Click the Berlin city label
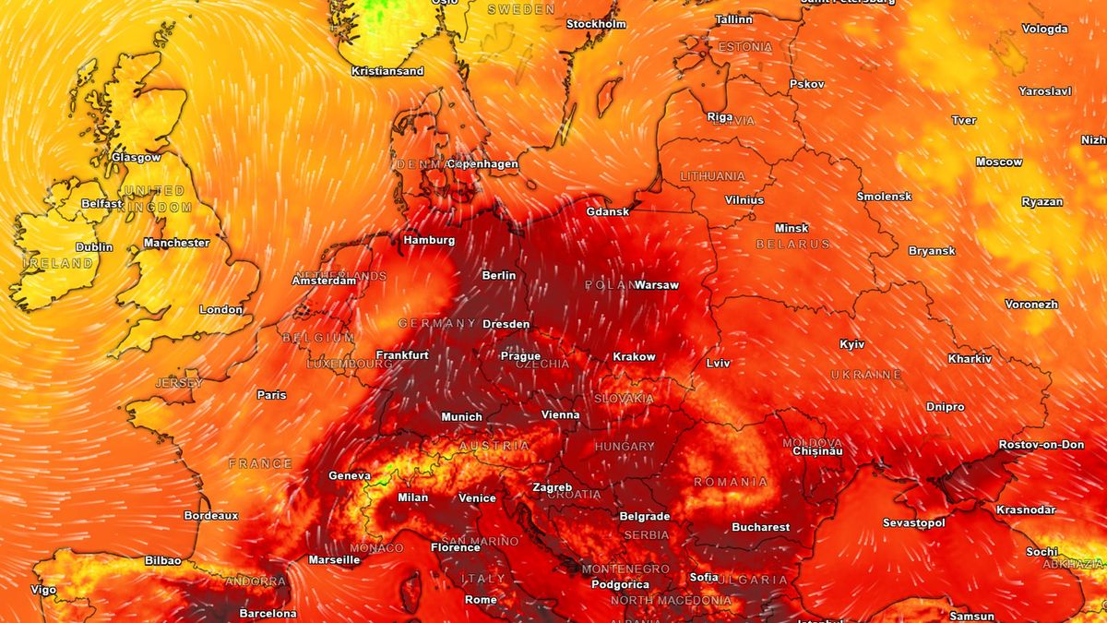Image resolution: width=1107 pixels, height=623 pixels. click(x=499, y=275)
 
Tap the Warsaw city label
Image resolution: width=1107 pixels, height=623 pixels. click(x=657, y=285)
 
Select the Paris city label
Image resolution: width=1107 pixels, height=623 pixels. click(x=271, y=395)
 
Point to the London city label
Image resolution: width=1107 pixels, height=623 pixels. click(x=220, y=310)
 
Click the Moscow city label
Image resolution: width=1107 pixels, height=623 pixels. click(x=999, y=162)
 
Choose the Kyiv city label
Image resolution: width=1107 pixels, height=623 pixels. click(x=852, y=344)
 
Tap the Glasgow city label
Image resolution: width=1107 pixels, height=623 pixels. click(x=136, y=157)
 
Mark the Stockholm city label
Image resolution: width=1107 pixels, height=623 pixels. click(x=596, y=24)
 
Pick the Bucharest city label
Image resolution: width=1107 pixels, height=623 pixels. click(x=761, y=528)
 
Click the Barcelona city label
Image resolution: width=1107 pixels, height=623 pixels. click(x=268, y=614)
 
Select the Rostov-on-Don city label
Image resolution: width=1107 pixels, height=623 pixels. click(x=1042, y=445)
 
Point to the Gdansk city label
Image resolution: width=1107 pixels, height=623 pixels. click(x=608, y=211)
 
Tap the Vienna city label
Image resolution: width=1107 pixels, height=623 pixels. click(x=560, y=415)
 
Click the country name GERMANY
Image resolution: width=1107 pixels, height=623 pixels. click(x=437, y=324)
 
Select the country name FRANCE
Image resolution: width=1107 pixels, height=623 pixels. click(x=260, y=464)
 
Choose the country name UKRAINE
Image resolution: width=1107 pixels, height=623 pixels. click(x=866, y=375)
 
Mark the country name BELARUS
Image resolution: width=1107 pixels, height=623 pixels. click(x=793, y=245)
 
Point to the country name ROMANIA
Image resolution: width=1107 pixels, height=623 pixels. click(x=731, y=483)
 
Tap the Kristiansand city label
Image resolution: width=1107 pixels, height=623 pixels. click(x=387, y=71)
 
